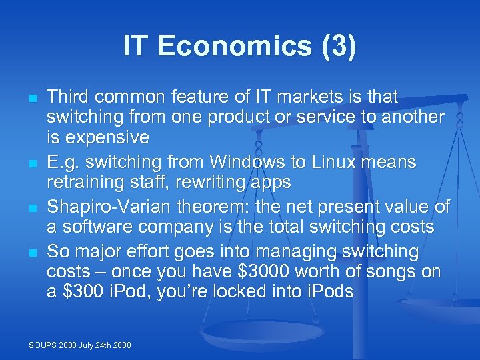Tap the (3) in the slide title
coord(336,47)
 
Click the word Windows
coord(242,162)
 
